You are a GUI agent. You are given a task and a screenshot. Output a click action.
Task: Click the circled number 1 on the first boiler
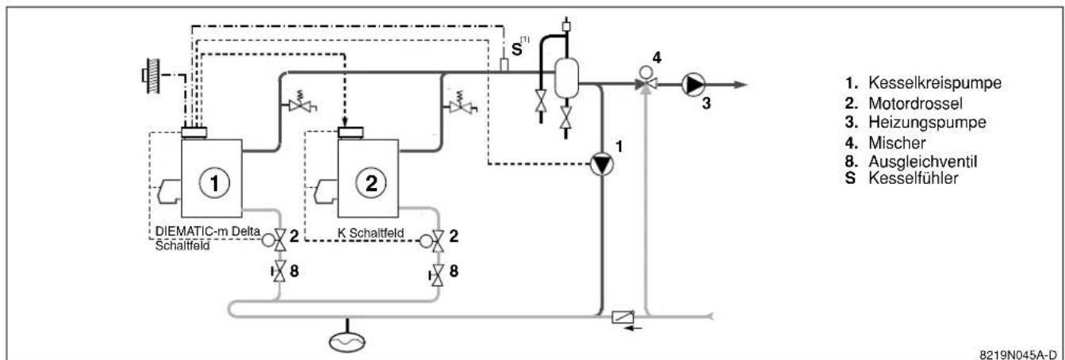click(214, 183)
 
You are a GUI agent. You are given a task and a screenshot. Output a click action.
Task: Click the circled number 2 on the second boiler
click(371, 183)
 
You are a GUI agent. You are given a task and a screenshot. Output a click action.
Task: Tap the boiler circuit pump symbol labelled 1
click(602, 165)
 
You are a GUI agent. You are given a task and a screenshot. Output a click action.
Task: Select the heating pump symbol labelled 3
click(694, 85)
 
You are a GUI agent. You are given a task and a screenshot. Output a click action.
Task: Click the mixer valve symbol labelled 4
click(646, 81)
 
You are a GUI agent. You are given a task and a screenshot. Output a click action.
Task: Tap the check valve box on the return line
click(623, 316)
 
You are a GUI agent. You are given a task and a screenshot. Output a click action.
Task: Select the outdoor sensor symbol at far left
click(152, 75)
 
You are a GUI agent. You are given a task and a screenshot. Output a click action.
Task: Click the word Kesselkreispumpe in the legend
click(935, 82)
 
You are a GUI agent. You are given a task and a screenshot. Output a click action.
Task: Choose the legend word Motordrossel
click(915, 103)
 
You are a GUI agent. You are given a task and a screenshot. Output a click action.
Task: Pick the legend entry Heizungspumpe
click(927, 122)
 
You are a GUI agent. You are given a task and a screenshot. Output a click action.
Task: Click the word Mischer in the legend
click(897, 143)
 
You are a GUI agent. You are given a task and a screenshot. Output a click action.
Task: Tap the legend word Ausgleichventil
click(923, 162)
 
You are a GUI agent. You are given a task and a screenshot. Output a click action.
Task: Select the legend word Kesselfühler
click(914, 178)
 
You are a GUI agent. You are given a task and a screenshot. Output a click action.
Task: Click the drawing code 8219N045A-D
click(1018, 354)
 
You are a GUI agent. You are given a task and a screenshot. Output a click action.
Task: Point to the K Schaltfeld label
click(370, 233)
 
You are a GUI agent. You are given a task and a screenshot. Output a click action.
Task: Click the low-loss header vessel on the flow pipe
click(566, 77)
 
